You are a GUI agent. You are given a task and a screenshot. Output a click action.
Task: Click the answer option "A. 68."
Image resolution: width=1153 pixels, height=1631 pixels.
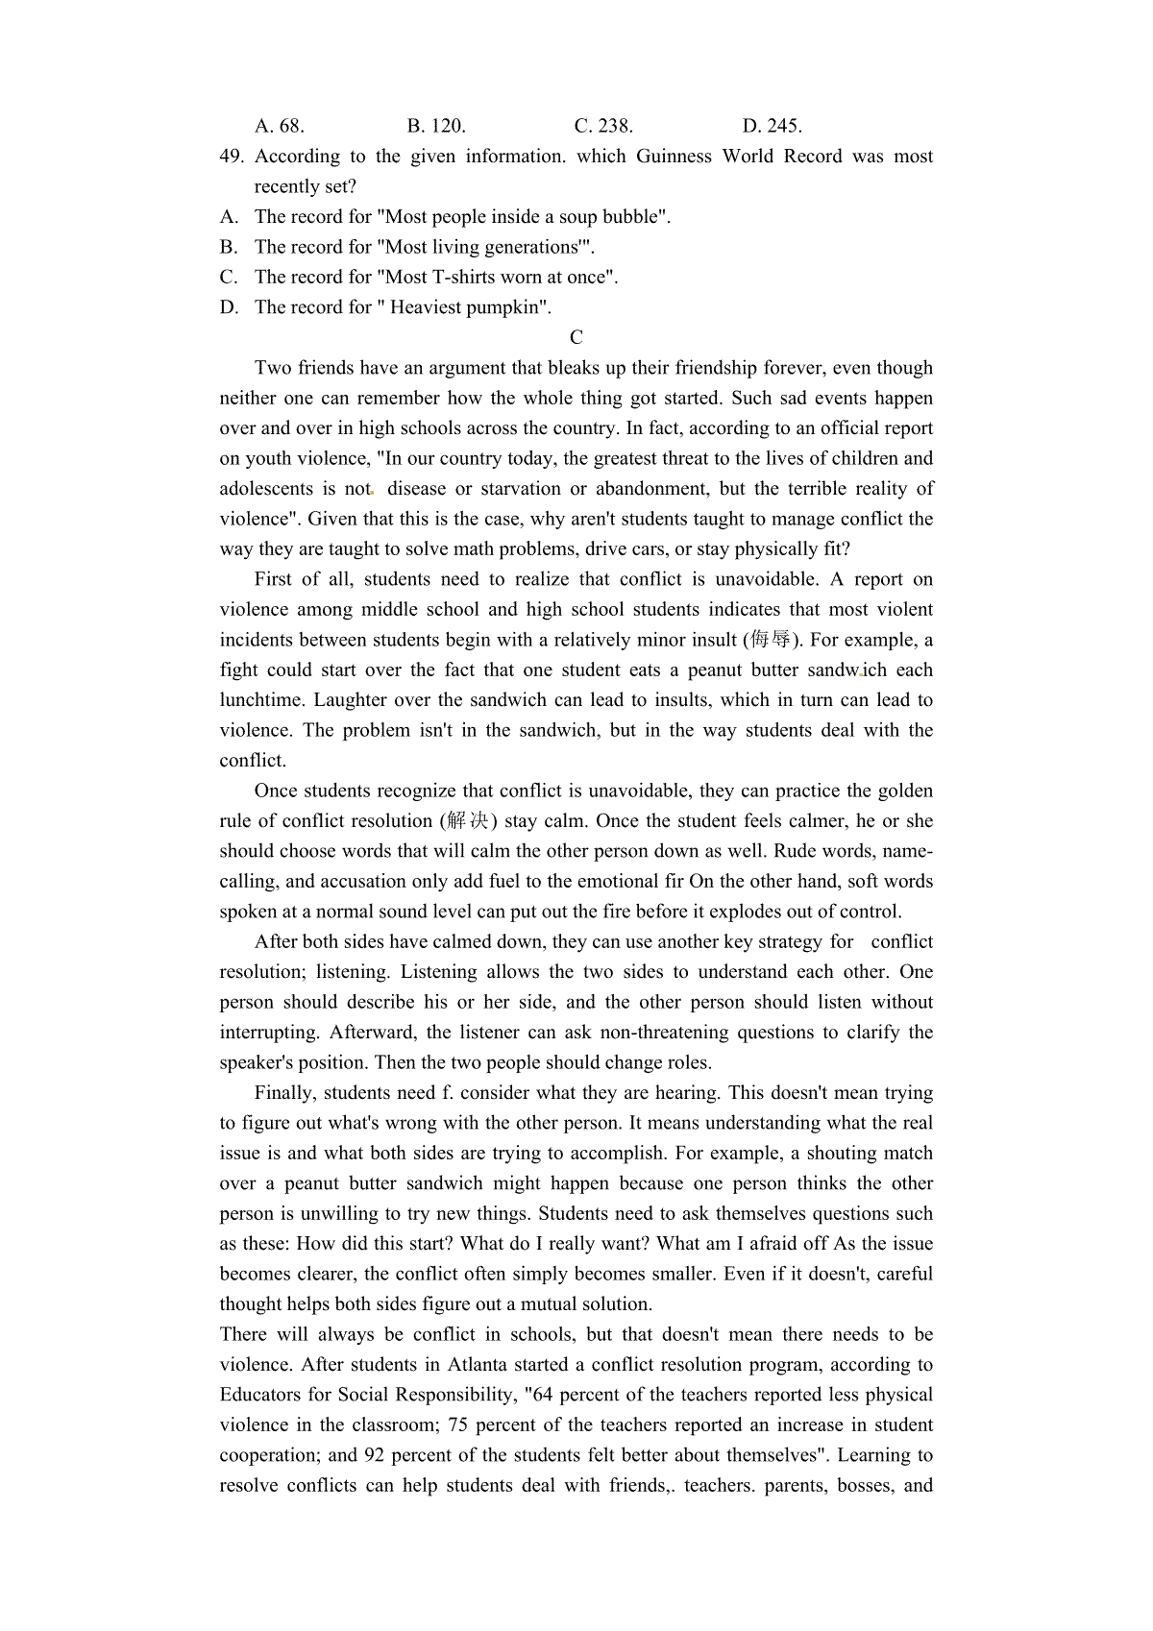point(279,126)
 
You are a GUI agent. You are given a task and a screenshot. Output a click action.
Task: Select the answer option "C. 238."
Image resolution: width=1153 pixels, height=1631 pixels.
point(603,126)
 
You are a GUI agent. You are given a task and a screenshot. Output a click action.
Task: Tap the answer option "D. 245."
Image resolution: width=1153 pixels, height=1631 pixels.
point(772,126)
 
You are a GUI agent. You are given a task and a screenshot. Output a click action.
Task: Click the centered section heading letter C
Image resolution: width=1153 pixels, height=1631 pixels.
point(576,337)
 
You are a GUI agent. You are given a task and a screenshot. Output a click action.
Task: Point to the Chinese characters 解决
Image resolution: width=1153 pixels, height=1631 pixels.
point(468,821)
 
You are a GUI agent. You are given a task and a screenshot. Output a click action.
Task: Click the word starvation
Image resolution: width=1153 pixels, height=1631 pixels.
point(506,489)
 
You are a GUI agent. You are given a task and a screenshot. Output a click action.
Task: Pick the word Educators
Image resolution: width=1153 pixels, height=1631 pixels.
point(261,1395)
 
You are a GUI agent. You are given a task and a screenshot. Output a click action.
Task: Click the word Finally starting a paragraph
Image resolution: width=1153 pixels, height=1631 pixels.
point(285,1093)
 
